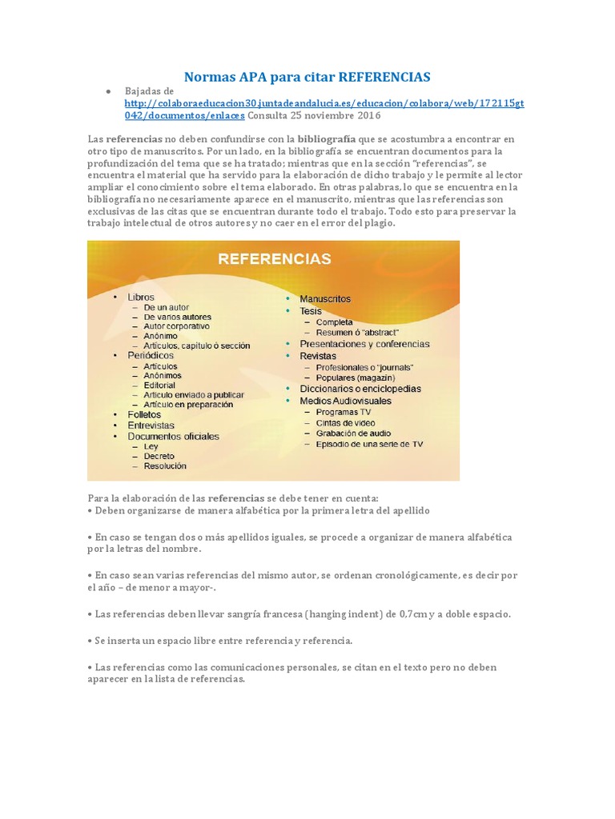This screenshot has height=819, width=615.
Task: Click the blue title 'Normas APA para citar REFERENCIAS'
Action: click(307, 77)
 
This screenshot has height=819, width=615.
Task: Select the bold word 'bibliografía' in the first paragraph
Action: click(328, 139)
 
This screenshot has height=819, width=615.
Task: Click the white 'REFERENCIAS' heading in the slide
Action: click(275, 258)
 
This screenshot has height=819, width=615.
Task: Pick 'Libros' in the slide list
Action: click(141, 297)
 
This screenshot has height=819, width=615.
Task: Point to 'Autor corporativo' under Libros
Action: click(176, 326)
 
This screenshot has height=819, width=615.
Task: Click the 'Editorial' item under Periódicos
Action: click(159, 385)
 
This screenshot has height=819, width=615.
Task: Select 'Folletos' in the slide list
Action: click(144, 414)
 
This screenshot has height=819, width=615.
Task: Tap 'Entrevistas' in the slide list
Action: click(151, 425)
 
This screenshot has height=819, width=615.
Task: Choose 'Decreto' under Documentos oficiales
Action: click(159, 455)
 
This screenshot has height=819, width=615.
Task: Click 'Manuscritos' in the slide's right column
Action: click(325, 298)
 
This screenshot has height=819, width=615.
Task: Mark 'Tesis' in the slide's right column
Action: click(311, 310)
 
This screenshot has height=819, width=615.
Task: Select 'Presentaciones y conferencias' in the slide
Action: click(364, 344)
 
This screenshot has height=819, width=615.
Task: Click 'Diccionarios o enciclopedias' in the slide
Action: click(360, 389)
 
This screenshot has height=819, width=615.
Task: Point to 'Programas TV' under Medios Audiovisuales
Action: click(344, 411)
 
